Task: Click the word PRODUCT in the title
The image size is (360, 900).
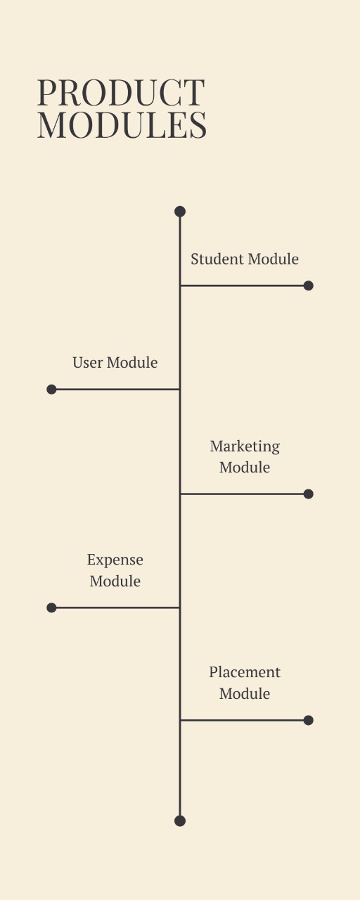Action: click(x=121, y=92)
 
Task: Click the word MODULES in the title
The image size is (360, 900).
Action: click(x=122, y=125)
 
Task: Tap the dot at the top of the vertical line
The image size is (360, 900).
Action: click(x=180, y=212)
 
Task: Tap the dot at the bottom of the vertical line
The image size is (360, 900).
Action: click(x=180, y=821)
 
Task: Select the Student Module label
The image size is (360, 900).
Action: click(x=245, y=259)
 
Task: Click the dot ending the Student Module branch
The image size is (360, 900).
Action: click(x=308, y=285)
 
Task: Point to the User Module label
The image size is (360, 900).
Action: click(x=115, y=362)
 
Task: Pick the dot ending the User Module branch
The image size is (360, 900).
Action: click(x=51, y=390)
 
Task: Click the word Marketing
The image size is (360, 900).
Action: click(x=245, y=447)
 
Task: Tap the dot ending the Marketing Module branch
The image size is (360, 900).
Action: click(x=308, y=494)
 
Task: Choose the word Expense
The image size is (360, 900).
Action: click(x=115, y=560)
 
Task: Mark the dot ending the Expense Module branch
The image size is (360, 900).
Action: click(x=51, y=607)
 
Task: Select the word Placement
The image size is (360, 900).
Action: click(x=245, y=672)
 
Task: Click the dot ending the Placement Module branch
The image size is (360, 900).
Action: click(x=308, y=721)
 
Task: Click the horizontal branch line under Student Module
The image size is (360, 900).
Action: click(x=243, y=285)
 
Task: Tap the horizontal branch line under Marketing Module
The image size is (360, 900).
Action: click(x=243, y=494)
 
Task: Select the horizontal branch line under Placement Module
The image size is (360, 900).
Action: click(x=243, y=721)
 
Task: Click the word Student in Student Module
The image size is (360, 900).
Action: click(x=217, y=259)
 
